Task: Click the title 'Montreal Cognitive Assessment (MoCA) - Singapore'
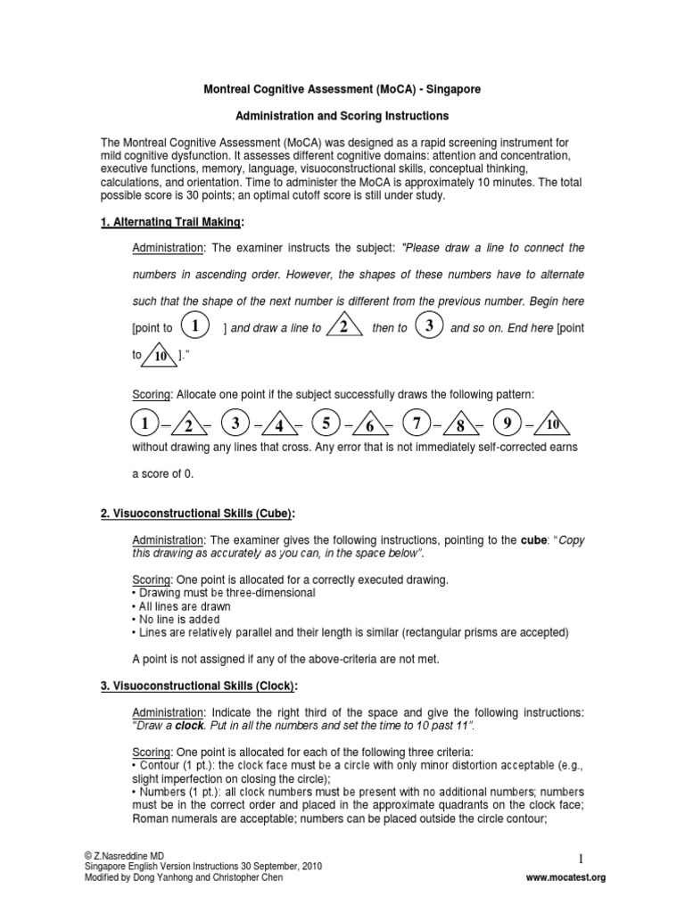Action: [x=342, y=90]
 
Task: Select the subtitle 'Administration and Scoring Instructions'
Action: [x=342, y=117]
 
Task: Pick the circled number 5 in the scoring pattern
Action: [x=327, y=422]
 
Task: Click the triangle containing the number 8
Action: [x=461, y=424]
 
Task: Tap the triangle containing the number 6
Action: [x=370, y=424]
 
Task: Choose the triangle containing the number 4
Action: [x=279, y=424]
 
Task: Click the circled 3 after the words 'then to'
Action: [x=429, y=326]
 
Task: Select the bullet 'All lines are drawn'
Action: [x=181, y=606]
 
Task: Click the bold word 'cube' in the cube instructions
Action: [x=533, y=541]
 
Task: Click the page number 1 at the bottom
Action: [x=580, y=858]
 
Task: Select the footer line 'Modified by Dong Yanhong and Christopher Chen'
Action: [x=184, y=876]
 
